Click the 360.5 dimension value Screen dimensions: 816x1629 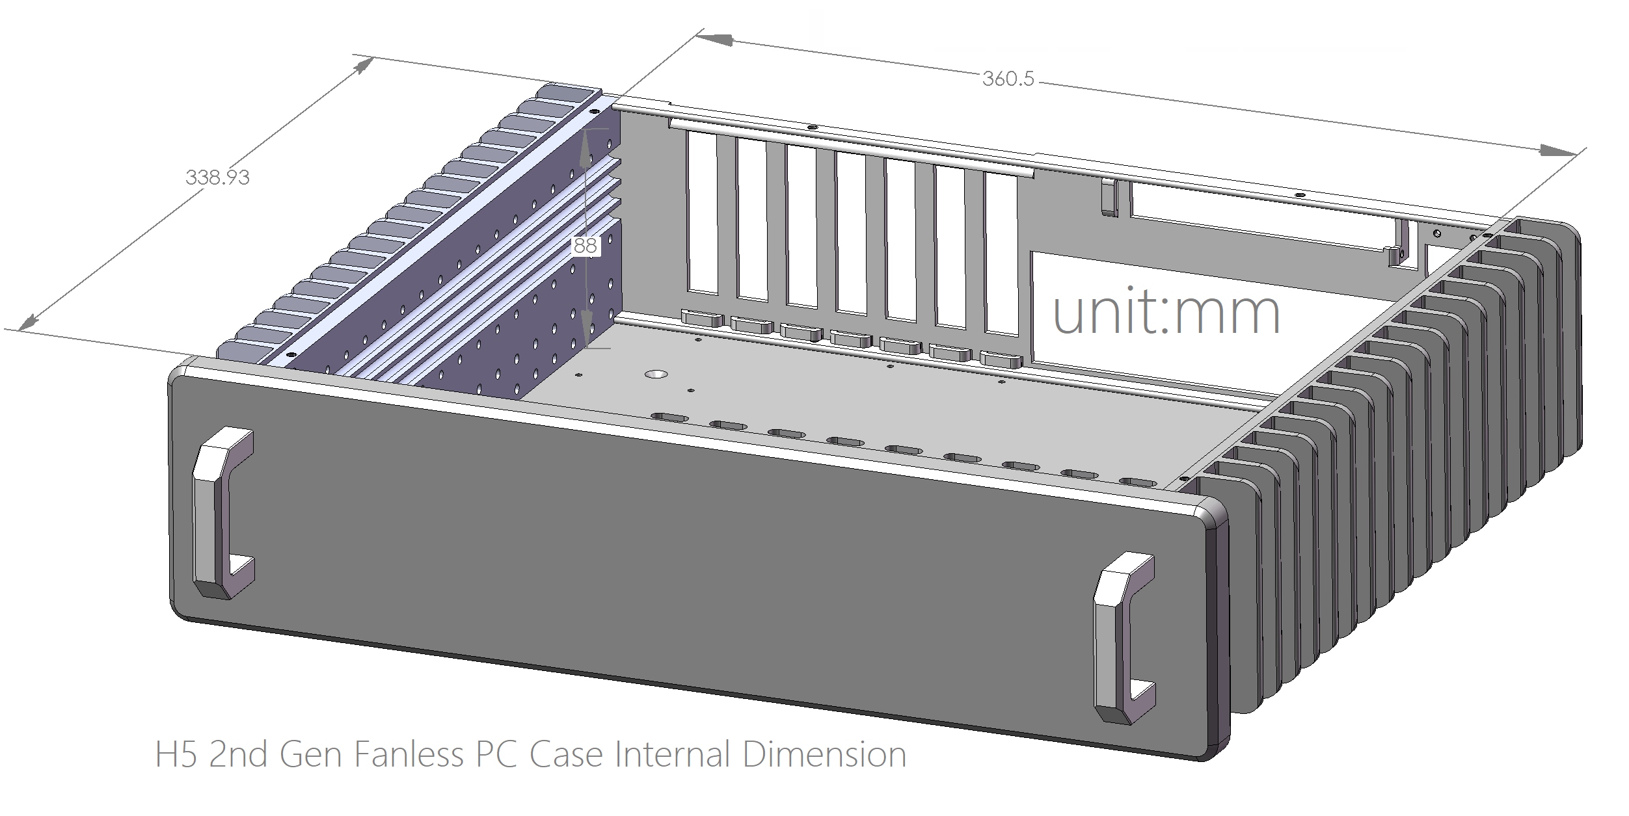1008,79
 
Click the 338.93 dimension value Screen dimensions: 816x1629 217,178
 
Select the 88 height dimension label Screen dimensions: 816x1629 585,246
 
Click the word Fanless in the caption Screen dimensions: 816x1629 409,755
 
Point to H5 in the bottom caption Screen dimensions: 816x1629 176,755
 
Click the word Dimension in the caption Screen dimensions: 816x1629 824,755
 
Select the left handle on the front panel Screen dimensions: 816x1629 221,514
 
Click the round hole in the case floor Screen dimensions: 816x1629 656,374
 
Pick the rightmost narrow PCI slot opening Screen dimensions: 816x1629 1002,254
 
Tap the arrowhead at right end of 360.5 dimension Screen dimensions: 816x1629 1557,151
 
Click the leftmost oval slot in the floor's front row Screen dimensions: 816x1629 669,417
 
